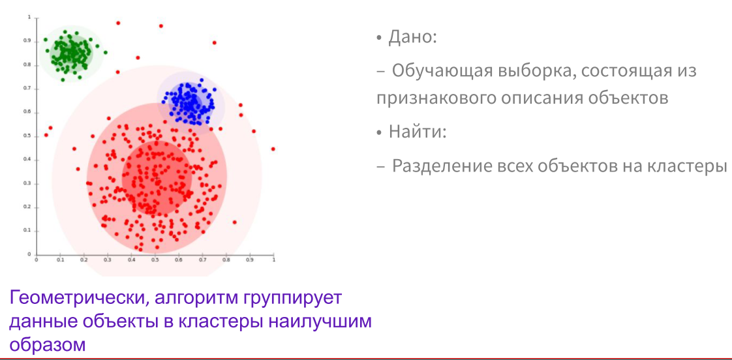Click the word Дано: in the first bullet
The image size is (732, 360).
[412, 37]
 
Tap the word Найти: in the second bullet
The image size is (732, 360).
[418, 132]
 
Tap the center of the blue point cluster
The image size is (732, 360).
[189, 102]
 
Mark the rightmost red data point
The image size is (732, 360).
[273, 149]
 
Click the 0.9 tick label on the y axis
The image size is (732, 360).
[27, 40]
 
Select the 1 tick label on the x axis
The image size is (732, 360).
[273, 260]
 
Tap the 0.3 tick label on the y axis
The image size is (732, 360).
[27, 183]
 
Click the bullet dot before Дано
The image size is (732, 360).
[378, 38]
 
